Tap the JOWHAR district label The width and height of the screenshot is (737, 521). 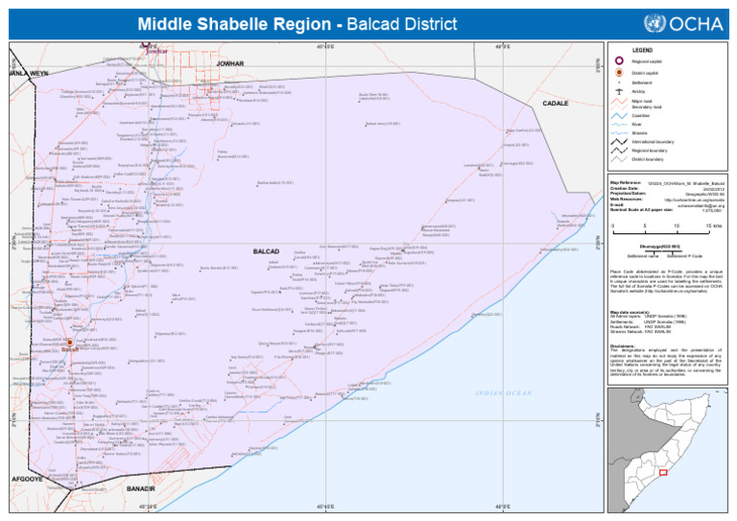tap(230, 63)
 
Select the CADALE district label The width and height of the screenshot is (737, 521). tap(556, 103)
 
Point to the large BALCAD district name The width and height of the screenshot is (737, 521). tap(265, 251)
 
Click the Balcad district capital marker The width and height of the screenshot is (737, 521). tap(69, 343)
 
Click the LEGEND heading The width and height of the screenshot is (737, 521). tap(642, 50)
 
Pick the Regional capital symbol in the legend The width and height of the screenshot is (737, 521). tap(620, 61)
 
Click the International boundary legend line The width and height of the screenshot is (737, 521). tap(620, 142)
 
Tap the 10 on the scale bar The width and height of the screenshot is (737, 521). tap(677, 226)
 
